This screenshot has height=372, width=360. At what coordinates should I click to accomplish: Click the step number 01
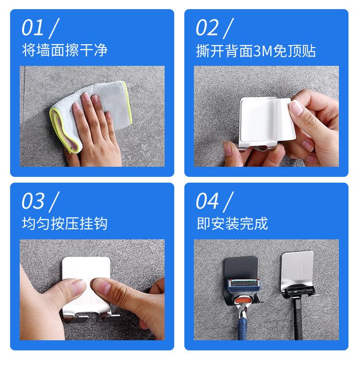coord(33,27)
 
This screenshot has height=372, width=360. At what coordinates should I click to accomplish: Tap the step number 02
coord(207,27)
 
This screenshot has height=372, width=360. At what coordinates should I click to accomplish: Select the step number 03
coord(33,201)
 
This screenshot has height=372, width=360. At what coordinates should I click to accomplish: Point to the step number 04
coord(207,201)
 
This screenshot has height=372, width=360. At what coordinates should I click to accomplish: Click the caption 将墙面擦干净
coord(65,50)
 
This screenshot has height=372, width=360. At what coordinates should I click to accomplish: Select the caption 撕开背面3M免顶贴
coord(256,51)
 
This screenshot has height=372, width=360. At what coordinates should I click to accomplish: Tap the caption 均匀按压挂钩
coord(65,223)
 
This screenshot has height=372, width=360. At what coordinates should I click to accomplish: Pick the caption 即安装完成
coord(232,223)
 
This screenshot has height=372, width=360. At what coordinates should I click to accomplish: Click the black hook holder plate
coord(240,268)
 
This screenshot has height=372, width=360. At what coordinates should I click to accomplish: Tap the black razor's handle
coord(298,318)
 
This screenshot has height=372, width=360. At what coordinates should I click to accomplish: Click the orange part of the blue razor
coord(241,300)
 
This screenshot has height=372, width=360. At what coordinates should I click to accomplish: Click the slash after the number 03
coord(54,202)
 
